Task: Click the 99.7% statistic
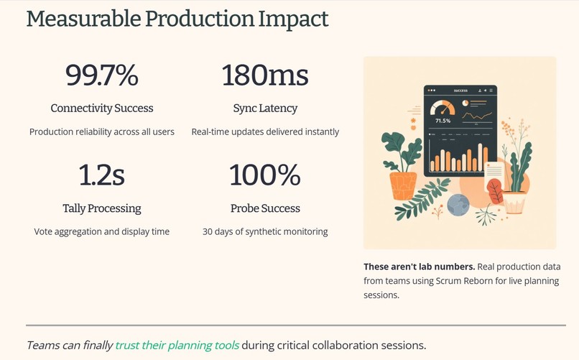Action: (x=101, y=75)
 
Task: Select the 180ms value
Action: (x=265, y=75)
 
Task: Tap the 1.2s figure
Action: (x=101, y=175)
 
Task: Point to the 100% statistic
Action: (x=265, y=175)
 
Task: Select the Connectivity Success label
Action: (x=101, y=109)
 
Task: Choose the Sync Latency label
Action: (x=265, y=109)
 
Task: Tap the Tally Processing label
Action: (x=101, y=208)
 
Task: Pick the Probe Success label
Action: (x=265, y=208)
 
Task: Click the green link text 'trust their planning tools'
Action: (x=177, y=345)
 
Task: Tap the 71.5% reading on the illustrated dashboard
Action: (x=443, y=121)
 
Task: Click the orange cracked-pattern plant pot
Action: (x=403, y=185)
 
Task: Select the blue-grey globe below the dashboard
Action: (x=458, y=206)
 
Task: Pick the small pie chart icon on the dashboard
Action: (x=465, y=103)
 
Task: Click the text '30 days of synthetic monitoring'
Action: (x=265, y=231)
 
